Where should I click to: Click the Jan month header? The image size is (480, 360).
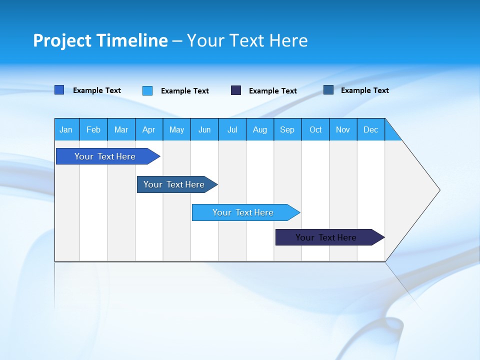(66, 129)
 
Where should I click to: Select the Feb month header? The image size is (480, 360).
(93, 129)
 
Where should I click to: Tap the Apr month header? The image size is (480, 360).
(149, 129)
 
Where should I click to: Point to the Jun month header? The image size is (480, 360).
(204, 129)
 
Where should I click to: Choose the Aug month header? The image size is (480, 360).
(260, 129)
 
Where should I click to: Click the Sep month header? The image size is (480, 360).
(287, 129)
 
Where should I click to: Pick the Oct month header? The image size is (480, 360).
(315, 129)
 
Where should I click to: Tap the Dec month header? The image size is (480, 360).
(371, 129)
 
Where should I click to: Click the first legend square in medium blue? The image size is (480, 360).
(59, 90)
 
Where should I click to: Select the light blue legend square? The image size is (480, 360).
(147, 90)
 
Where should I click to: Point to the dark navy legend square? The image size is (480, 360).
(236, 90)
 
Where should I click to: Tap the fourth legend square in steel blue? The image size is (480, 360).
(328, 90)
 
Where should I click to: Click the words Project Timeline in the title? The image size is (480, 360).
(100, 40)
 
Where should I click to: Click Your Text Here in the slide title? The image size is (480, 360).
(247, 40)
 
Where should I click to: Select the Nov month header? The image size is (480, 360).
(343, 129)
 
